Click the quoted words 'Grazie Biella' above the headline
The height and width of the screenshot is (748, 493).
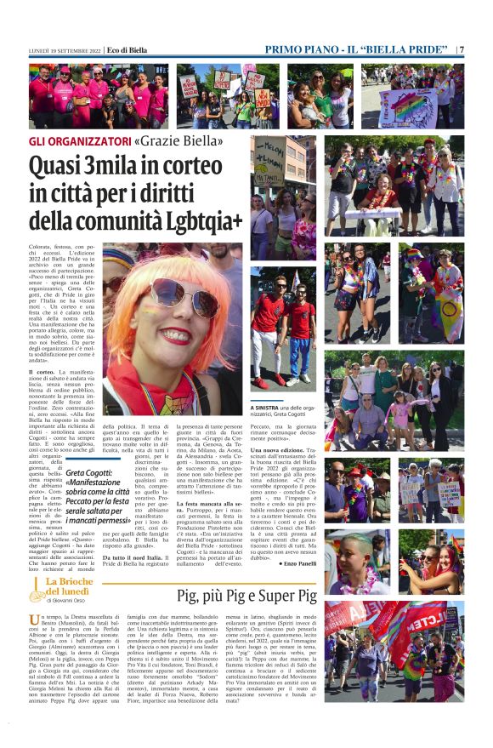(x=179, y=139)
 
